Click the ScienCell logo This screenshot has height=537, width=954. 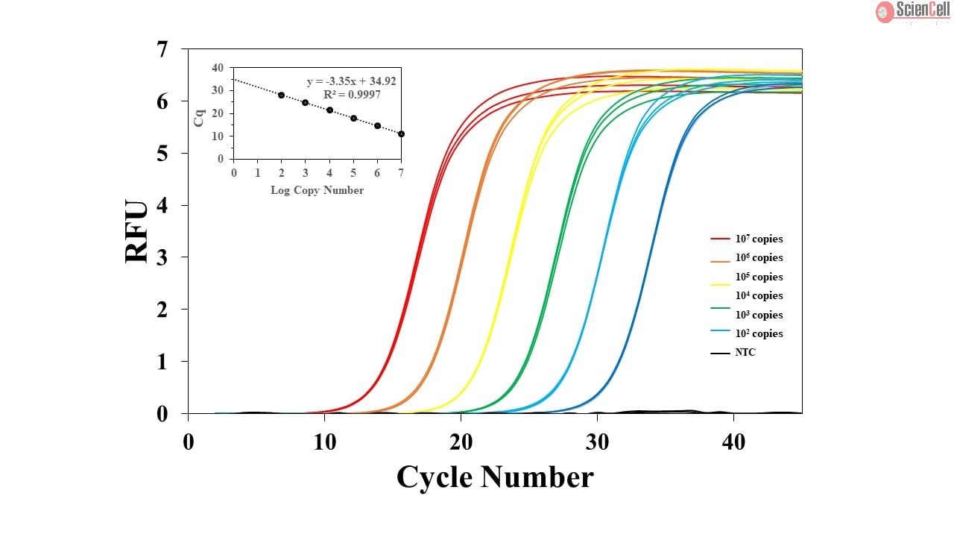click(912, 11)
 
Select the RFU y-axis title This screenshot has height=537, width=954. click(137, 231)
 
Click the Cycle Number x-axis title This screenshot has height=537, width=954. click(495, 477)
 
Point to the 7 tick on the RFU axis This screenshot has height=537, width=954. click(162, 49)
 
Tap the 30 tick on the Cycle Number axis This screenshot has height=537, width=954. click(597, 442)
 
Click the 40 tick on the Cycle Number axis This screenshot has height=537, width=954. click(733, 442)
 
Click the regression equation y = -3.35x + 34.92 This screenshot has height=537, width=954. click(351, 81)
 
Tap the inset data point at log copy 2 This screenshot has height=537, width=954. click(281, 95)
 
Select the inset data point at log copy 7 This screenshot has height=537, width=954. click(401, 134)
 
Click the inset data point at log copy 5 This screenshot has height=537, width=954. click(353, 118)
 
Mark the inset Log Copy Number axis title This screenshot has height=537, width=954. click(317, 190)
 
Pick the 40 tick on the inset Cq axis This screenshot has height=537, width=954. click(217, 68)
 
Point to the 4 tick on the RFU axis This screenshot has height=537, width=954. click(162, 205)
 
